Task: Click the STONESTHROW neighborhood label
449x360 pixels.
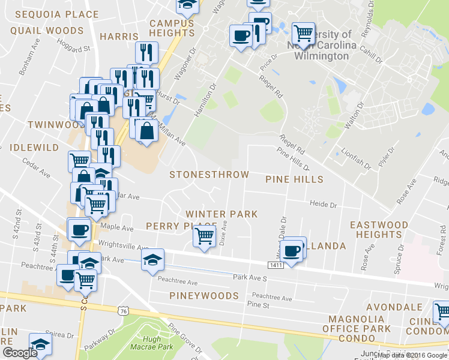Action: click(x=209, y=175)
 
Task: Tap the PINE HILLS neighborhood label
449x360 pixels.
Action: click(x=294, y=179)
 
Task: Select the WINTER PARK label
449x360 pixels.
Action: click(x=221, y=214)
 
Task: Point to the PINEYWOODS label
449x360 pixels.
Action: click(x=204, y=296)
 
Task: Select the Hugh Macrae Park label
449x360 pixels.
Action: click(x=144, y=343)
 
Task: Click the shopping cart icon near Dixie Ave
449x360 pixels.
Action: click(x=205, y=236)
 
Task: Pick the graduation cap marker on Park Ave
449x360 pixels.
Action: click(x=152, y=259)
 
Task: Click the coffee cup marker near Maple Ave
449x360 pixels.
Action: click(x=79, y=230)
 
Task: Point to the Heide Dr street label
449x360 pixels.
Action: click(x=323, y=204)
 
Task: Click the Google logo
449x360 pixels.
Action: click(x=19, y=353)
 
